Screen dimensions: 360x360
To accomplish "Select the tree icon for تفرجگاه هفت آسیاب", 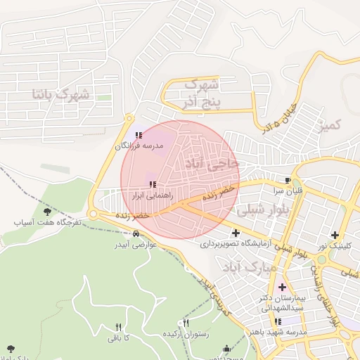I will click(47, 211).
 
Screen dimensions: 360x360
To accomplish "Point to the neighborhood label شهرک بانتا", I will click(60, 93).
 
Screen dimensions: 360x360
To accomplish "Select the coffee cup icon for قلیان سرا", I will click(288, 179).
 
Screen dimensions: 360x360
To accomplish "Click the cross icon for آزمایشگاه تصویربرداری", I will click(235, 233).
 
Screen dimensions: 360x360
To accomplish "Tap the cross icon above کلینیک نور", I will click(335, 235).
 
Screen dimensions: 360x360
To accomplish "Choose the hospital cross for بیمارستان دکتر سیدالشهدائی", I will click(283, 287).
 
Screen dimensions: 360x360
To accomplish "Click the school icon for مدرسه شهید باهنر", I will click(278, 321).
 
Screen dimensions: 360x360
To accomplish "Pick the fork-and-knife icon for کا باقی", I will click(117, 327).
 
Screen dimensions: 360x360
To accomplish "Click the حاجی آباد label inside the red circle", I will click(212, 163).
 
